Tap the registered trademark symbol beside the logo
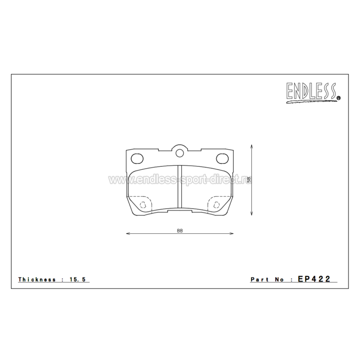pos(338,98)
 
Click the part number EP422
pos(314,279)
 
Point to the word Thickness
pos(37,279)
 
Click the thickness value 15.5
pos(77,279)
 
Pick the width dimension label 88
pos(180,231)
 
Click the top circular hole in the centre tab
pos(180,153)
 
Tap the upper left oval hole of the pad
pos(137,158)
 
